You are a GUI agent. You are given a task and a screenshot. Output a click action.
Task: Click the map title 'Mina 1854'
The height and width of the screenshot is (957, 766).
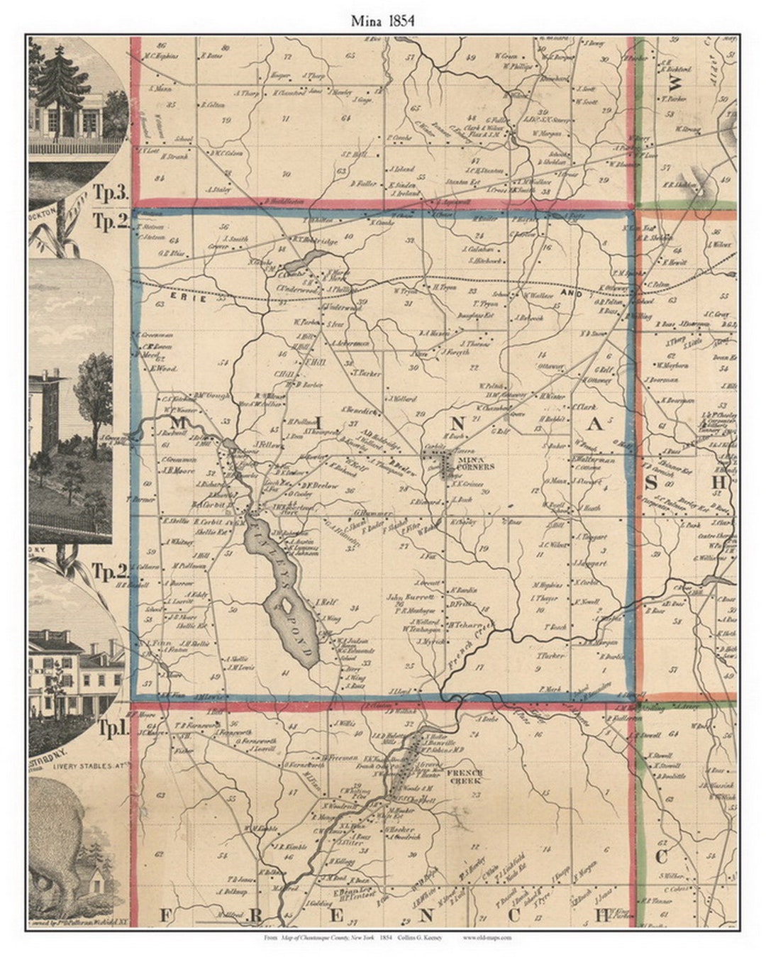pyautogui.click(x=383, y=21)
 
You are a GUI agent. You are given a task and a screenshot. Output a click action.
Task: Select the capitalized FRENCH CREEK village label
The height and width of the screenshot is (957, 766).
pyautogui.click(x=464, y=776)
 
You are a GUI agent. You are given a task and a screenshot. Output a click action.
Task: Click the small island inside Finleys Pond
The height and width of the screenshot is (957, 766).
pyautogui.click(x=285, y=605)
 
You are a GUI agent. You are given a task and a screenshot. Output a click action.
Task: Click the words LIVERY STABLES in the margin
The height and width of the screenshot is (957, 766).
pyautogui.click(x=78, y=764)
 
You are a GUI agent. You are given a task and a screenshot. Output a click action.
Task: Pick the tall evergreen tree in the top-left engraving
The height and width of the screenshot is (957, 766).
pyautogui.click(x=62, y=82)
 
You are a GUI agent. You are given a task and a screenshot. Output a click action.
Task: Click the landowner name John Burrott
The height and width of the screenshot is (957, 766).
pyautogui.click(x=404, y=597)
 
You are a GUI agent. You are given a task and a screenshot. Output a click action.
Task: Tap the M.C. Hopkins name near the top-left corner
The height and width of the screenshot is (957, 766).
pyautogui.click(x=160, y=56)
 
